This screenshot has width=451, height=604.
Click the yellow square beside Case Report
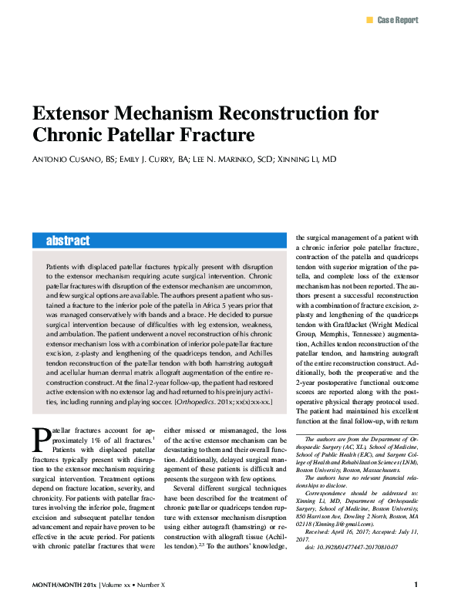pos(369,19)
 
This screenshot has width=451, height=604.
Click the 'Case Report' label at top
pos(397,19)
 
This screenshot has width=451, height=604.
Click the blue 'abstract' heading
pos(68,241)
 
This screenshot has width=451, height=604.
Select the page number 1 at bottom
pos(416,585)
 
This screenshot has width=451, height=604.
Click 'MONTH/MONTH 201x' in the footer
pos(64,585)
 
